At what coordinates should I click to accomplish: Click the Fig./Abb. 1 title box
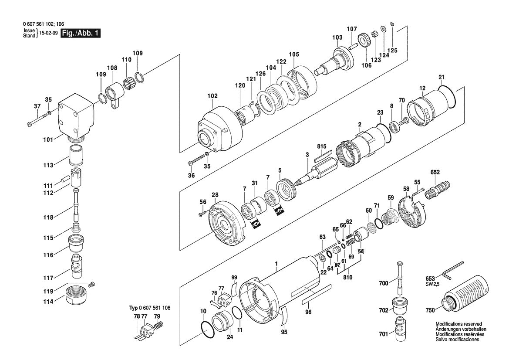coord(81,33)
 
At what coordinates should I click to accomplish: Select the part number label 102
coord(212,95)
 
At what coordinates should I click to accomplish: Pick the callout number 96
coord(308,312)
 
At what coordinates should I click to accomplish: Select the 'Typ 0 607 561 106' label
coord(150,308)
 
